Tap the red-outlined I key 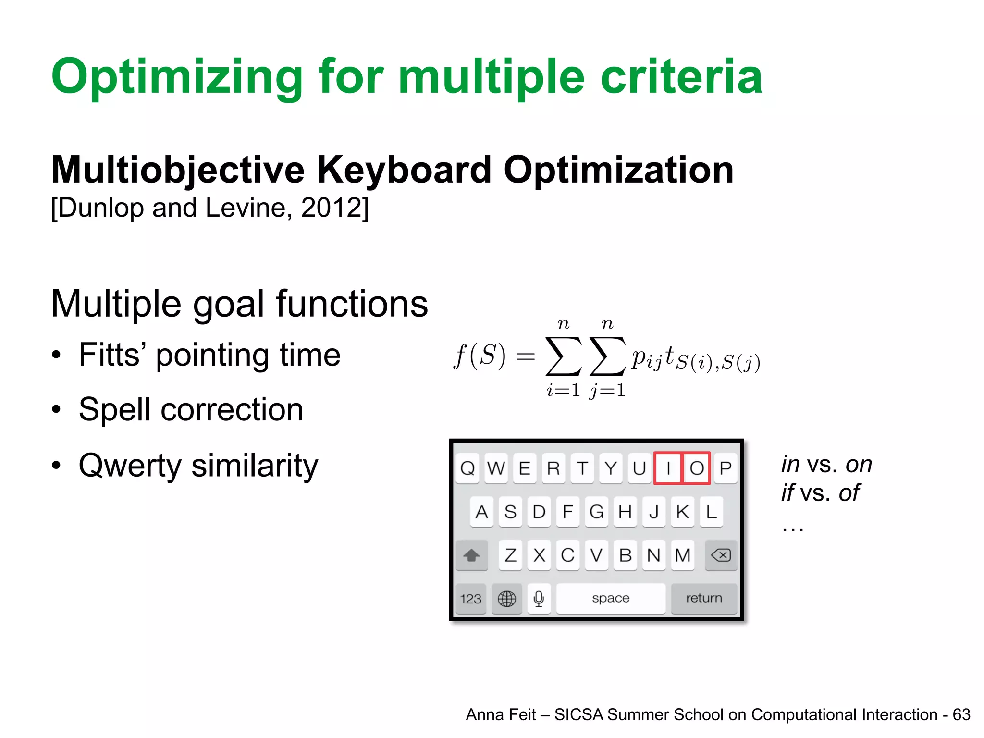pyautogui.click(x=668, y=468)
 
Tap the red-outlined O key pyautogui.click(x=697, y=468)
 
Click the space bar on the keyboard pyautogui.click(x=610, y=598)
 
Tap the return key pyautogui.click(x=704, y=598)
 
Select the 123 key pyautogui.click(x=470, y=599)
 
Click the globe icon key pyautogui.click(x=506, y=599)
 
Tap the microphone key pyautogui.click(x=539, y=599)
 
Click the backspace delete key pyautogui.click(x=721, y=555)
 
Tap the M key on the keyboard pyautogui.click(x=682, y=555)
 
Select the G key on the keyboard pyautogui.click(x=596, y=512)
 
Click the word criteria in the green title pyautogui.click(x=681, y=77)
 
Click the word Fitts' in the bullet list pyautogui.click(x=113, y=355)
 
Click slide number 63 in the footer pyautogui.click(x=961, y=715)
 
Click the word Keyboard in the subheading pyautogui.click(x=404, y=170)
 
